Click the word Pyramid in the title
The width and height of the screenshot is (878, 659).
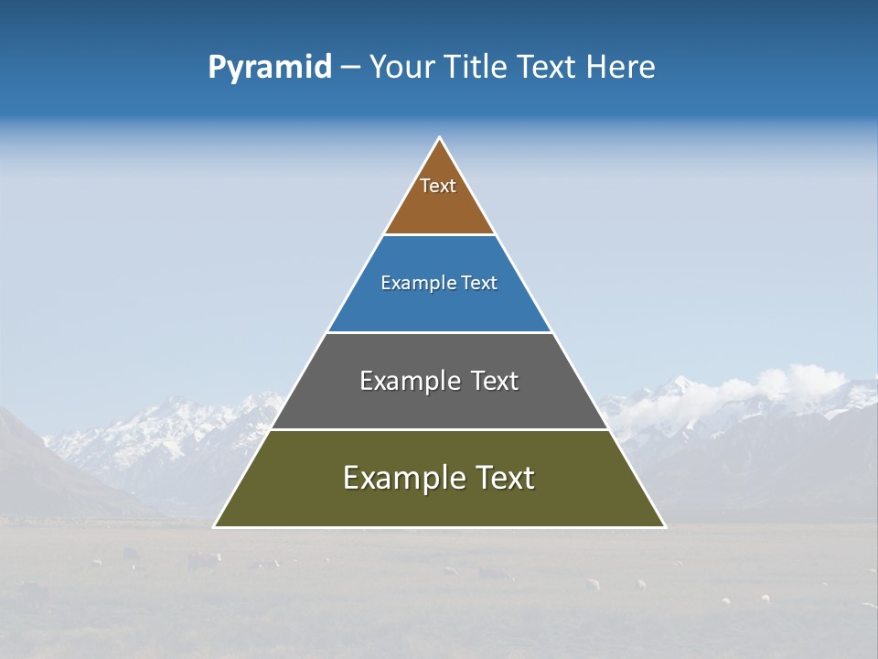tap(270, 68)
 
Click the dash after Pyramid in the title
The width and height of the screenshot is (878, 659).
tap(350, 68)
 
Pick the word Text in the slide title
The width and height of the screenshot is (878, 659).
tap(546, 67)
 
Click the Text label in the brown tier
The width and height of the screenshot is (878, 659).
tap(438, 186)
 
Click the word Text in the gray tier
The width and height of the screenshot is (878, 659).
tap(495, 381)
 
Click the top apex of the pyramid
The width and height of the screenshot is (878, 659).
tap(440, 139)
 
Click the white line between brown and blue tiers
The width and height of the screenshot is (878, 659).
tap(439, 235)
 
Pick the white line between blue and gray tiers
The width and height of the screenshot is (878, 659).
tap(439, 332)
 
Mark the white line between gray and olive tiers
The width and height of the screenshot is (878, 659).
tap(439, 429)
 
